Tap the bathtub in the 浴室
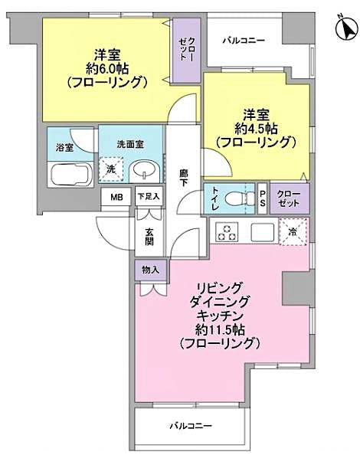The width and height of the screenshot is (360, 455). (70, 173)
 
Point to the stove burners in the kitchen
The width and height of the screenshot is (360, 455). (227, 229)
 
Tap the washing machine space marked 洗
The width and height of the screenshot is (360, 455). (111, 169)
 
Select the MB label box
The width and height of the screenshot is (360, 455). (116, 197)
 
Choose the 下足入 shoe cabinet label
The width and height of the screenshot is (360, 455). (149, 196)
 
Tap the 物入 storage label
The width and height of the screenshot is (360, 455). (150, 270)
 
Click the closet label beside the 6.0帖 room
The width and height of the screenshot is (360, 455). (187, 51)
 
